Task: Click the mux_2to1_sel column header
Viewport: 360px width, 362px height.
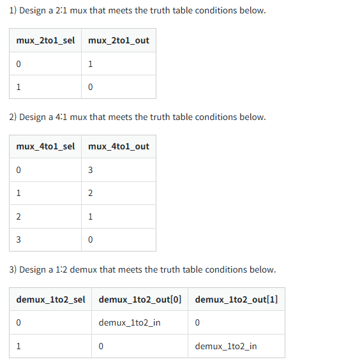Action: [x=45, y=40]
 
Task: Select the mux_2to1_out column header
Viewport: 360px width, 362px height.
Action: [x=119, y=40]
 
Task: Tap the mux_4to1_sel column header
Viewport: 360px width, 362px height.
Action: [x=45, y=146]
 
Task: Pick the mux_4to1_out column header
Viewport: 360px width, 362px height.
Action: [x=119, y=146]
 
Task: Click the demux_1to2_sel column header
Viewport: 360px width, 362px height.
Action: [x=50, y=299]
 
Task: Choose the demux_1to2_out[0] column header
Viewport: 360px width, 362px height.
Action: [x=140, y=299]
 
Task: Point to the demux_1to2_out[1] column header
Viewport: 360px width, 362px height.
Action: [x=236, y=299]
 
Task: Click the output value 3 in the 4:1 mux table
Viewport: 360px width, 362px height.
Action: [x=91, y=170]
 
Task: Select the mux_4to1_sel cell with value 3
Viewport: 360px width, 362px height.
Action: [x=19, y=239]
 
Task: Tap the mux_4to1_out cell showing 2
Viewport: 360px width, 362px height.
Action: [x=91, y=193]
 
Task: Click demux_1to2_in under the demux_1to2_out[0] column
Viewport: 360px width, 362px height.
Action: [x=130, y=322]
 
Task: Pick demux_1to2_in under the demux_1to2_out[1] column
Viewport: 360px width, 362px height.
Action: [x=226, y=346]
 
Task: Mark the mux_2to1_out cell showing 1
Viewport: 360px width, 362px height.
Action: [x=91, y=64]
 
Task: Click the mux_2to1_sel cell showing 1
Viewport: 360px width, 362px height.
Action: [x=19, y=87]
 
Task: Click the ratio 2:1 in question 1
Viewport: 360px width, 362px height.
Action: [x=61, y=10]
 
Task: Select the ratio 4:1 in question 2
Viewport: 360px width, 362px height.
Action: [x=61, y=117]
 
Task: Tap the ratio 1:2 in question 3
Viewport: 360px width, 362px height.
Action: [x=61, y=269]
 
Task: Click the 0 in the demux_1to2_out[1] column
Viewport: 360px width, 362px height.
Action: [x=197, y=322]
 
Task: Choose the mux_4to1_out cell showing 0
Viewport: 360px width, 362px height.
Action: [x=91, y=239]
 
